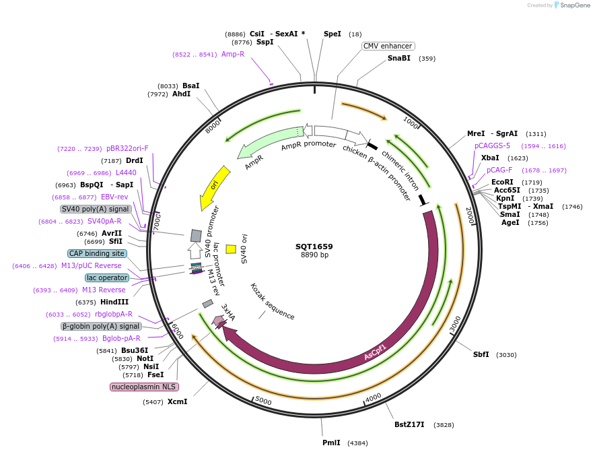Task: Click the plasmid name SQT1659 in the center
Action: tap(314, 247)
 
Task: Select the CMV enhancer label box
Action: tap(388, 46)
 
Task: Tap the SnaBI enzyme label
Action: tap(398, 59)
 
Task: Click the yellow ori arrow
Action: tap(215, 188)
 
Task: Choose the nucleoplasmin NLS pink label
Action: tap(143, 387)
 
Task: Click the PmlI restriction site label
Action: tap(331, 443)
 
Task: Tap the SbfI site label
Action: tap(481, 354)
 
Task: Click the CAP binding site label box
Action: tap(97, 253)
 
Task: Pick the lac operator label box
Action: tap(106, 278)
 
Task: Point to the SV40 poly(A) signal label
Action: tap(96, 209)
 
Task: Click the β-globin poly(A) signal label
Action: tap(101, 326)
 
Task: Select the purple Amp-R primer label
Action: tap(233, 55)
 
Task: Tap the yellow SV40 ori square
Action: tap(231, 249)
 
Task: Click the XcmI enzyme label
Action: tap(177, 402)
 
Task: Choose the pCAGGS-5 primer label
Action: tap(492, 145)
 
